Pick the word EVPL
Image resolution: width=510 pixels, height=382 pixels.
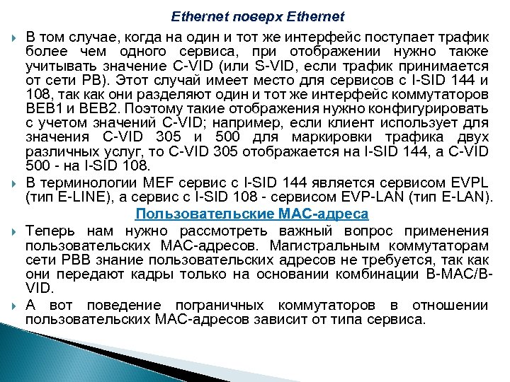[468, 183]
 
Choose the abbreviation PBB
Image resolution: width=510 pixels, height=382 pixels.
[65, 259]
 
